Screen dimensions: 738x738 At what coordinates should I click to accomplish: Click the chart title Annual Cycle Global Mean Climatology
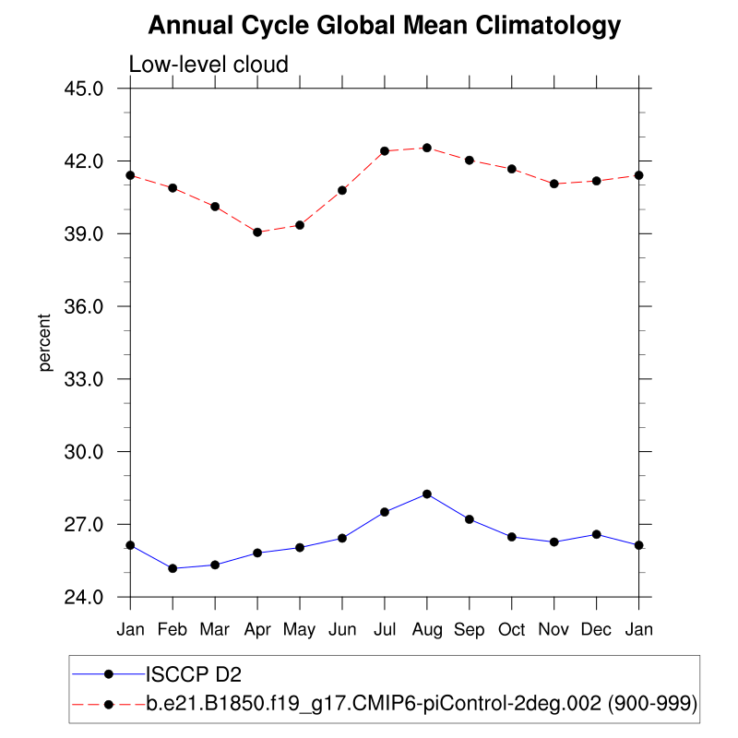pyautogui.click(x=385, y=26)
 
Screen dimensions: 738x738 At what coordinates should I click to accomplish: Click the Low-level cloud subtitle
pyautogui.click(x=208, y=65)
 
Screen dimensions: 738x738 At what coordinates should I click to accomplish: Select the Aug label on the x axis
pyautogui.click(x=427, y=629)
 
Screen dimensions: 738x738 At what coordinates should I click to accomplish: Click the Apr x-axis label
pyautogui.click(x=257, y=629)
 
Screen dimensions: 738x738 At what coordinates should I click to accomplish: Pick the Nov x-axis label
pyautogui.click(x=554, y=629)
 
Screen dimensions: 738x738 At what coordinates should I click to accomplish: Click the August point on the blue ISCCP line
pyautogui.click(x=427, y=494)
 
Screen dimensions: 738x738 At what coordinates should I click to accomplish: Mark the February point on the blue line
pyautogui.click(x=173, y=568)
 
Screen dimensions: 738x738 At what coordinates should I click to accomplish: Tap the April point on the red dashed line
pyautogui.click(x=257, y=232)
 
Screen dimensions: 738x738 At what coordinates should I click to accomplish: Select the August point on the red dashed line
pyautogui.click(x=427, y=148)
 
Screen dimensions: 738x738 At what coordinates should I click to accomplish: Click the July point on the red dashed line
pyautogui.click(x=385, y=151)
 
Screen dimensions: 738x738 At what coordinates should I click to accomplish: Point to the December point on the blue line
pyautogui.click(x=597, y=534)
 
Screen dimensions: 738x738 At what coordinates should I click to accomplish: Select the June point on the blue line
pyautogui.click(x=342, y=538)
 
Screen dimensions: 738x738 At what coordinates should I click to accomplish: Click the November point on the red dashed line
pyautogui.click(x=554, y=184)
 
